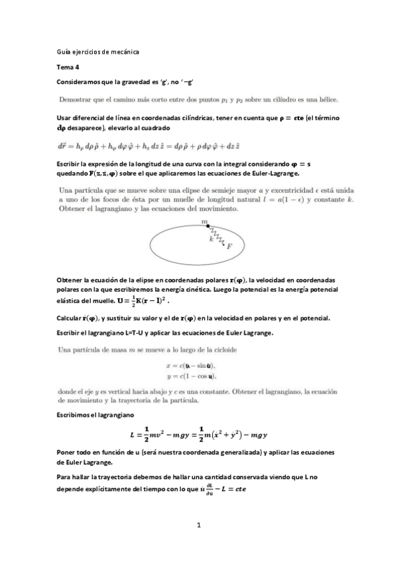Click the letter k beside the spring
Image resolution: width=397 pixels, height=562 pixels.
point(211,239)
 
